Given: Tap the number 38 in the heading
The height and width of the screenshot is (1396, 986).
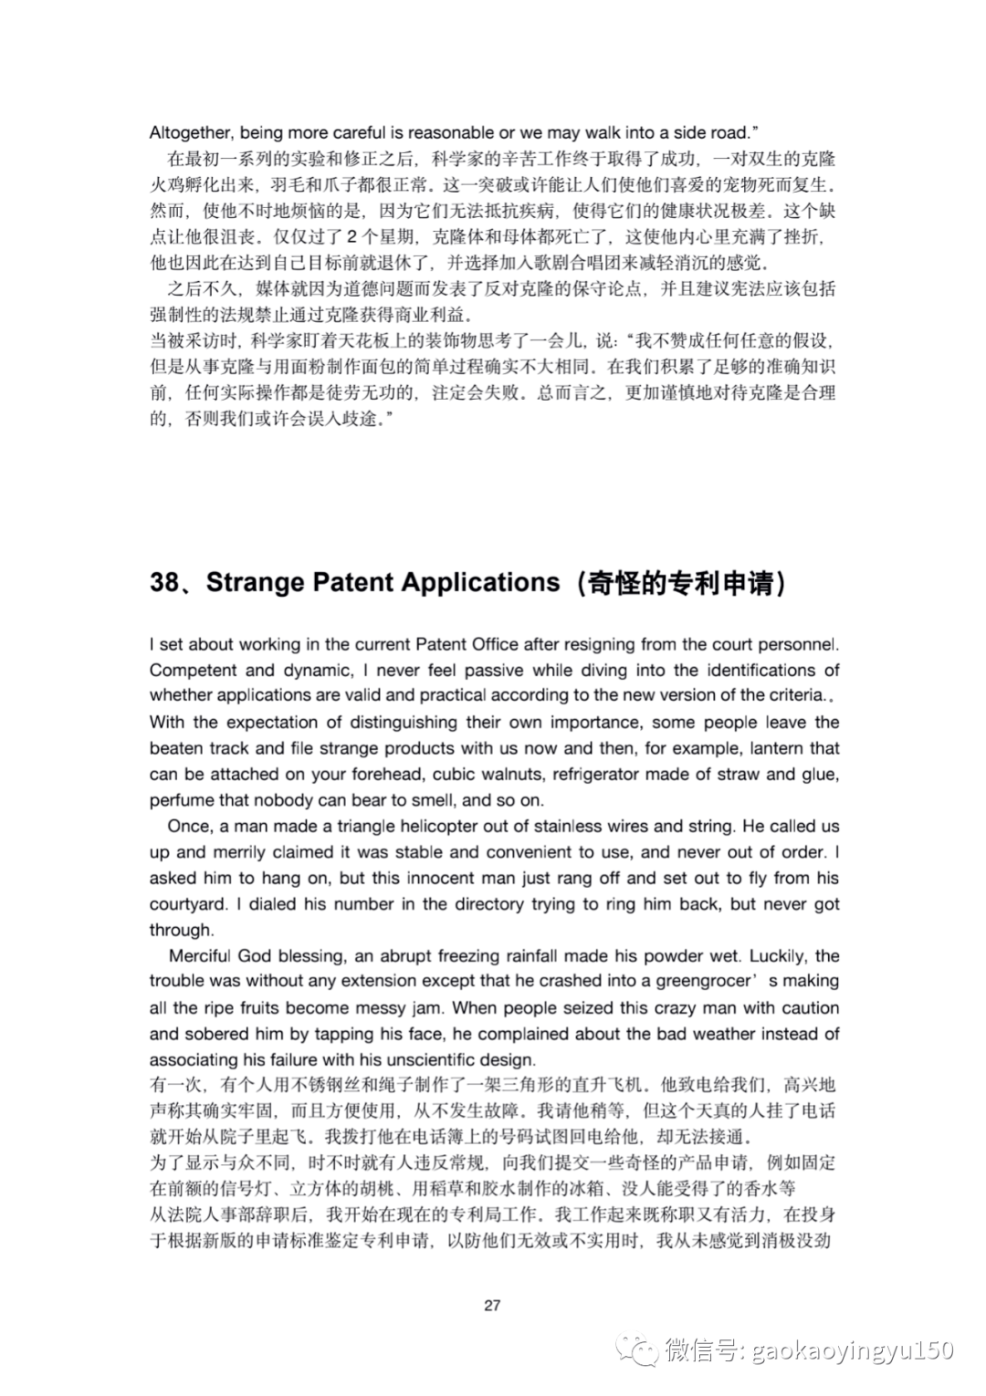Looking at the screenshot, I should (168, 582).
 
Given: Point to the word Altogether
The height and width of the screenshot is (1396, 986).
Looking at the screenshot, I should (190, 132).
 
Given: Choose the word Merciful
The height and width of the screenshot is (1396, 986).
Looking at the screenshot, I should (200, 956).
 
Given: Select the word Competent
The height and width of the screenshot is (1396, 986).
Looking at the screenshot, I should (190, 670).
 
